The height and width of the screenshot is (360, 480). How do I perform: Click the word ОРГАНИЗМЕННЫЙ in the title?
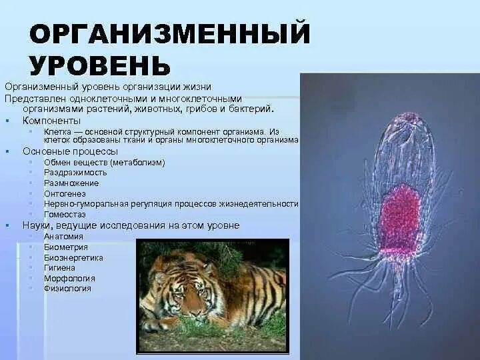170,33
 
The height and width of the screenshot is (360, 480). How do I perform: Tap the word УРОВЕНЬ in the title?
99,64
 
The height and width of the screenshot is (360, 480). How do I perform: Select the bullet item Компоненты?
51,121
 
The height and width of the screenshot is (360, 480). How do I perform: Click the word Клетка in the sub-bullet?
59,132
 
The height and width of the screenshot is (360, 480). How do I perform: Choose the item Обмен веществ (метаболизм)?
104,162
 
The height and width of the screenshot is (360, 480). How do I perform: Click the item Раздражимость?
75,173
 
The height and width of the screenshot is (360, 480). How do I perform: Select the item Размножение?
71,183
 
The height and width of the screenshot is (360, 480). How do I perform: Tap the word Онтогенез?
65,193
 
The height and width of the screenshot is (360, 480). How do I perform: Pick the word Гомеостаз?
64,215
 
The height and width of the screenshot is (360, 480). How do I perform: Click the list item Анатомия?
63,236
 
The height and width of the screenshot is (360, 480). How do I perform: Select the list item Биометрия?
65,247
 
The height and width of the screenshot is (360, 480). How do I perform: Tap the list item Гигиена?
61,267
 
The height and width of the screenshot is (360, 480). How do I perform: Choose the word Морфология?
69,278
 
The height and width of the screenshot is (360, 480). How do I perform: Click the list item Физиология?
67,289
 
